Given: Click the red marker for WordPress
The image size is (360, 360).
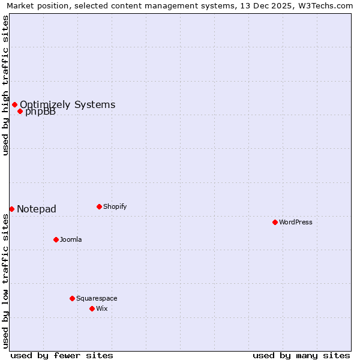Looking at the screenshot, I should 275,222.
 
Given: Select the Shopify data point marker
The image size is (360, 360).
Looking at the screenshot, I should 99,206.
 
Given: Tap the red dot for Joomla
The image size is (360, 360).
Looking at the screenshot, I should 56,239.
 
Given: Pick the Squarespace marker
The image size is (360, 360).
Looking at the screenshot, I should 72,298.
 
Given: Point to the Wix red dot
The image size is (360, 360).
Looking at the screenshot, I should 92,308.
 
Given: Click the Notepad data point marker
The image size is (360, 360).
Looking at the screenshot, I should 11,209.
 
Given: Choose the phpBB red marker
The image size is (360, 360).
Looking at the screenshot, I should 20,111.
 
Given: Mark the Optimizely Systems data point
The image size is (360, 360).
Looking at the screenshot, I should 14,104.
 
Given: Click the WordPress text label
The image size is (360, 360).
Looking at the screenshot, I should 296,222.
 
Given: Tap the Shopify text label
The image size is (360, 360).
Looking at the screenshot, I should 115,206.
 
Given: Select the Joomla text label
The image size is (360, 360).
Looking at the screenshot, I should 71,239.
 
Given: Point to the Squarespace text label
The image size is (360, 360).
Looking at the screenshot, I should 97,298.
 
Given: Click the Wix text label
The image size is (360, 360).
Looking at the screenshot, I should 102,308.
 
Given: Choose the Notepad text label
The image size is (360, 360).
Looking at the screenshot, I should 37,209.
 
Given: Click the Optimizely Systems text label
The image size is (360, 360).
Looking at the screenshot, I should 67,104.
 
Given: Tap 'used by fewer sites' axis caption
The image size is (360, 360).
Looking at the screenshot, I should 62,355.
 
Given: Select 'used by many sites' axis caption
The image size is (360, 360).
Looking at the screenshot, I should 301,355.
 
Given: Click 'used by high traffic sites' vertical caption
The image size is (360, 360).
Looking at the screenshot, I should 5,85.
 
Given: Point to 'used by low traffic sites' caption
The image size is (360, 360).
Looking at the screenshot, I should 5,281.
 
